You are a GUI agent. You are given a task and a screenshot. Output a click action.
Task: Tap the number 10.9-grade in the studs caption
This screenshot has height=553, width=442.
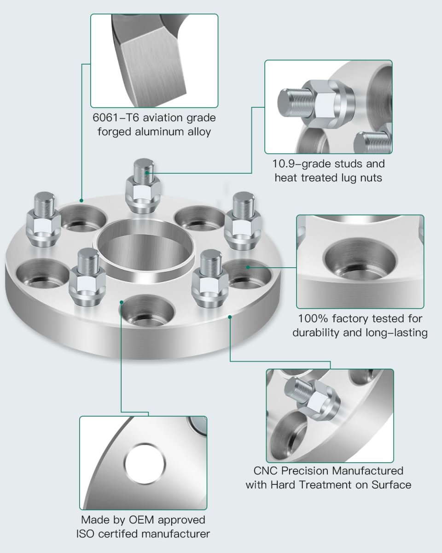[297, 164]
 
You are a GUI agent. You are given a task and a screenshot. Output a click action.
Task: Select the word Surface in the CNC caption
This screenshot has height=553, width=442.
[391, 485]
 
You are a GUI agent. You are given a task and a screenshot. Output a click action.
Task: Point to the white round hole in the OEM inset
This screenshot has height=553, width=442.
[145, 465]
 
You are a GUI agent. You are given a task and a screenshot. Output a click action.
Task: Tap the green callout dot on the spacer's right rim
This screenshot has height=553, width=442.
[230, 317]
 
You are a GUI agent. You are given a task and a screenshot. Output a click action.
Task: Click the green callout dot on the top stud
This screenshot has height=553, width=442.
[147, 173]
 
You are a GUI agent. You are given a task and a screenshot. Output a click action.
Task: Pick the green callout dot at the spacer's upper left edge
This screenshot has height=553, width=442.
[81, 200]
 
